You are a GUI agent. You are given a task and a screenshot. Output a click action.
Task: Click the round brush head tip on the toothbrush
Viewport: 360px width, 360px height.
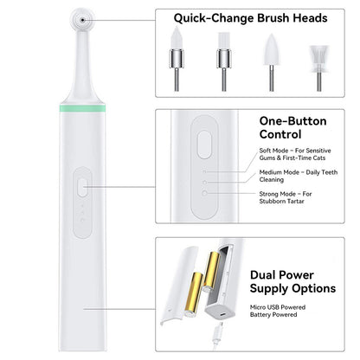pos(83,18)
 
